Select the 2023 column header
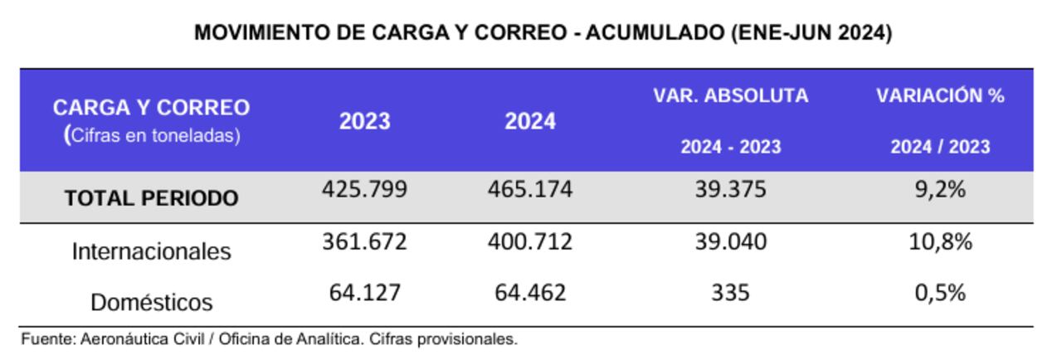(364, 121)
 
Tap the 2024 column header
(530, 121)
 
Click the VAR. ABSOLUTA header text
(730, 95)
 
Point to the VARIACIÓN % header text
(940, 95)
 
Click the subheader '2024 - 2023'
(730, 147)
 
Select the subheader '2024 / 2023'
(940, 147)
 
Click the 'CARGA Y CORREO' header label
(151, 108)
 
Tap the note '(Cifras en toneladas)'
(151, 135)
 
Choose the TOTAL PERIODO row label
(151, 198)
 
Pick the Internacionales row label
(151, 251)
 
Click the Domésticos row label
(151, 302)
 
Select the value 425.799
(364, 190)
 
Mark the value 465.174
(530, 190)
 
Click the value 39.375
(730, 190)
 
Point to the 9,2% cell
(940, 190)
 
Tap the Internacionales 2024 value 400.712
(530, 242)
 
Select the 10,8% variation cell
(940, 242)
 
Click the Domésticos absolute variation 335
(730, 293)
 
